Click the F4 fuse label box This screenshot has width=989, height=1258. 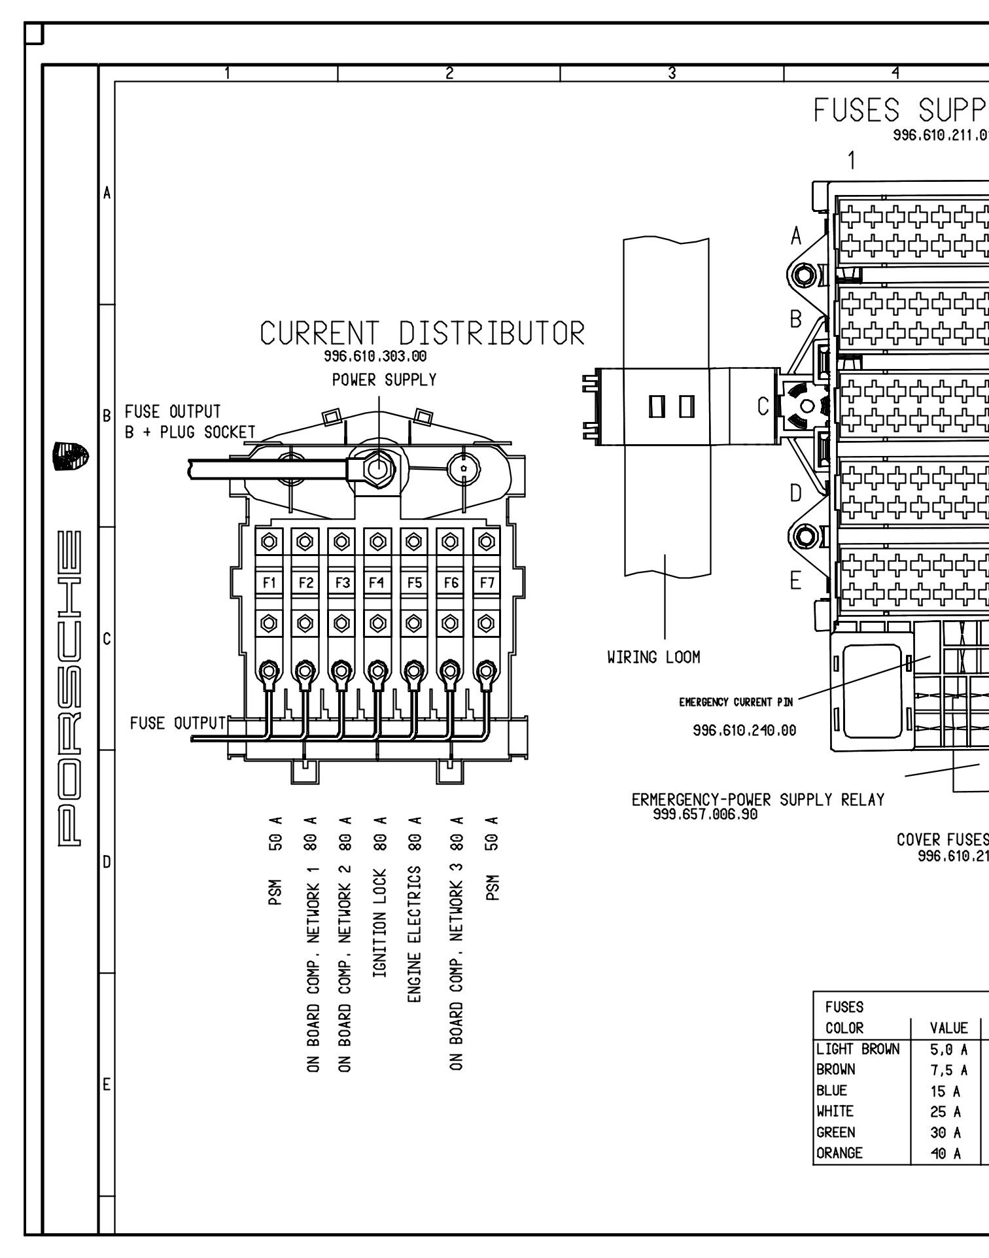tap(377, 582)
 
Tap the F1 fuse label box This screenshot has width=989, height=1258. tap(269, 582)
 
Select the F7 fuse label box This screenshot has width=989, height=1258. tap(487, 582)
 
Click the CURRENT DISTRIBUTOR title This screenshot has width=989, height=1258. tap(422, 334)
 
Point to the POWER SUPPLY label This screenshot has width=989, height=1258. tap(384, 380)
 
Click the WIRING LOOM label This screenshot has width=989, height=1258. tap(653, 657)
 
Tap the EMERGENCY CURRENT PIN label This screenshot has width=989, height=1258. tap(736, 703)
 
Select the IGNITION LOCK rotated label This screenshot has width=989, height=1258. tap(380, 922)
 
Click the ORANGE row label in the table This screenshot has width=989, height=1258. tap(839, 1153)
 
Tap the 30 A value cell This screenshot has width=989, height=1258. tap(946, 1132)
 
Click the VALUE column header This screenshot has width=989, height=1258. tap(948, 1028)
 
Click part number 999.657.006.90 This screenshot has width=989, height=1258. tap(705, 814)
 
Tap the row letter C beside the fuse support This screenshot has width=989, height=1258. tap(763, 407)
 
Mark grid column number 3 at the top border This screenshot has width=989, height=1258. tap(672, 73)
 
